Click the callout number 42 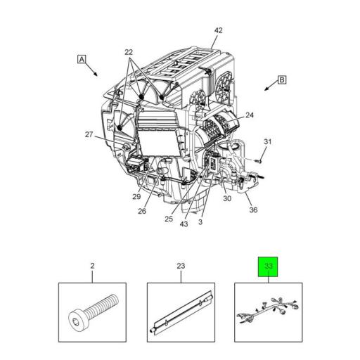[x=218, y=30]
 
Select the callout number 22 [x=129, y=53]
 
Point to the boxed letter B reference [x=281, y=80]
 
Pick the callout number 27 [x=89, y=134]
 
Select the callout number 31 [x=267, y=143]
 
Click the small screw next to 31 [x=259, y=161]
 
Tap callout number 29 [x=136, y=196]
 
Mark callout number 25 [x=169, y=219]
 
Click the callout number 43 [x=184, y=224]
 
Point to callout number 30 [x=227, y=198]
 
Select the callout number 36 [x=253, y=209]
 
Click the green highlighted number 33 [x=268, y=266]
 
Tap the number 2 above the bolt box [x=92, y=266]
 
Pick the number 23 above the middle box [x=180, y=266]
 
